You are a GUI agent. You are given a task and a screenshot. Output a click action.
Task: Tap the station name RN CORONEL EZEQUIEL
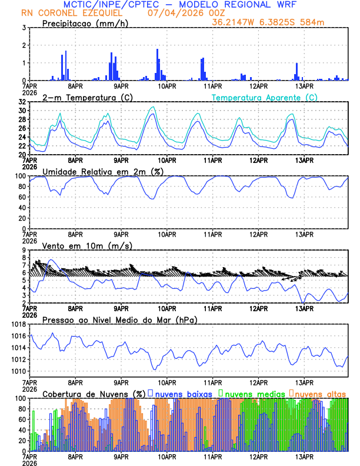click(x=72, y=13)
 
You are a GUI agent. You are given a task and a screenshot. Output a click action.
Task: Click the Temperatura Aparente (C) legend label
click(x=265, y=97)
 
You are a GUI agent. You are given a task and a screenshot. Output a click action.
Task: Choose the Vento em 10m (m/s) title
click(x=87, y=245)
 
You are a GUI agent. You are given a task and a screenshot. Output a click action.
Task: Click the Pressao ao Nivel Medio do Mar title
click(x=119, y=319)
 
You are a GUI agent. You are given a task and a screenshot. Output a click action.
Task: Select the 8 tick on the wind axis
click(x=24, y=250)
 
